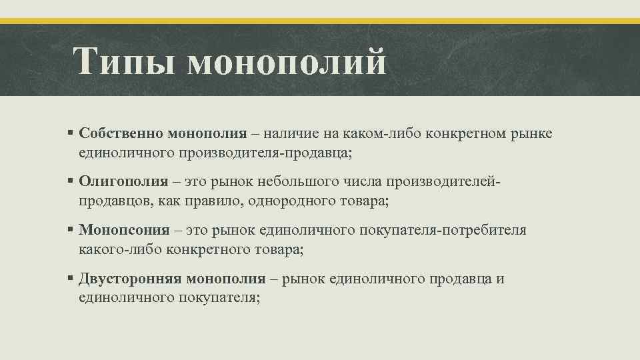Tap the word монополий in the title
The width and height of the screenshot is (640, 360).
coord(287,62)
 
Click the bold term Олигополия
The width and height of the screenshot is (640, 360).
coord(123,181)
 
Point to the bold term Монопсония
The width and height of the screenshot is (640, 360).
coord(125,230)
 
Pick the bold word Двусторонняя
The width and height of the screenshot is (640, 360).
coord(130,279)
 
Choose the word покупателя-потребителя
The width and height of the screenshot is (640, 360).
coord(443,230)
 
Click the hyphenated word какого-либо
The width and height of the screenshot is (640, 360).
coord(115,250)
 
